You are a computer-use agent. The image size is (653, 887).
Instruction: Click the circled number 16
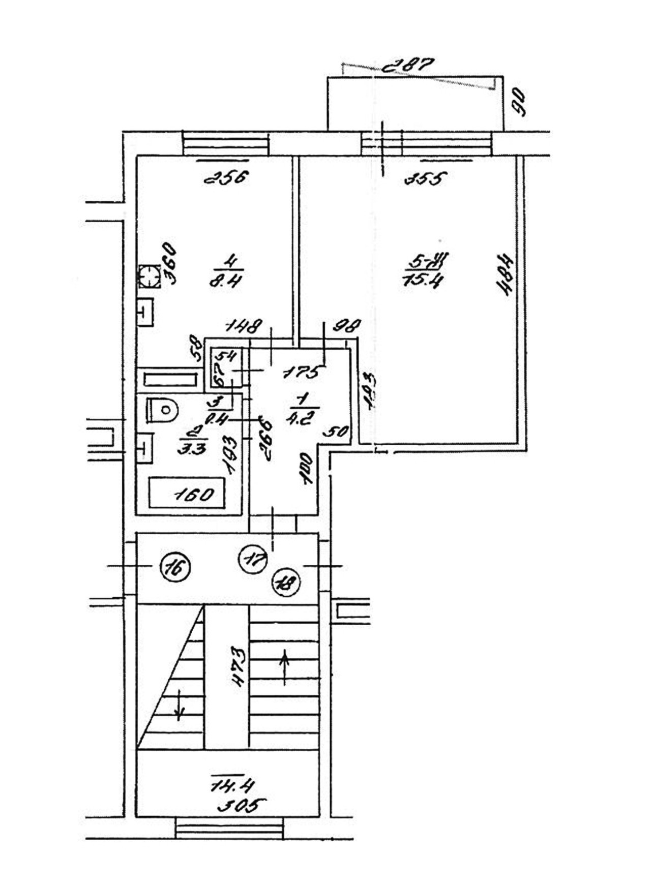pos(174,568)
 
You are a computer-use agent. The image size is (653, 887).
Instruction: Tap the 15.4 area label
pos(422,280)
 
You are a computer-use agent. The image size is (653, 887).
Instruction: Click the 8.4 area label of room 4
pos(225,281)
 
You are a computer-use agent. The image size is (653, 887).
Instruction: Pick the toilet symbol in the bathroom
pos(162,410)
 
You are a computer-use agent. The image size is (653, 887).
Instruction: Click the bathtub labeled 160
pos(187,493)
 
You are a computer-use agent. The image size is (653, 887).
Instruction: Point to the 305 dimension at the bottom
pos(241,819)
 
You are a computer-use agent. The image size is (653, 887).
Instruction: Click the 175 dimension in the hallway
pos(302,373)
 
